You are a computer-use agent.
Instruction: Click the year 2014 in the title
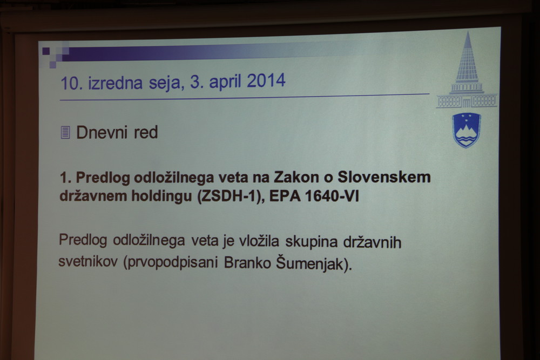click(266, 81)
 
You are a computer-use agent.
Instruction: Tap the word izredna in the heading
click(115, 83)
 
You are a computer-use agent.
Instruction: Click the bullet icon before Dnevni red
click(65, 133)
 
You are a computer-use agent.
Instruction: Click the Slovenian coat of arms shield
click(467, 130)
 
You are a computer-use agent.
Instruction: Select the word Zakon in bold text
click(296, 177)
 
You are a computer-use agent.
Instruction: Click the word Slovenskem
click(384, 177)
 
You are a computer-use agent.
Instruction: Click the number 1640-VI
click(332, 196)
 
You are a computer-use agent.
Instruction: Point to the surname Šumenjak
click(314, 263)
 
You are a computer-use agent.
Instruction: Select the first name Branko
click(247, 263)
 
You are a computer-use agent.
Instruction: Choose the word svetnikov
click(88, 261)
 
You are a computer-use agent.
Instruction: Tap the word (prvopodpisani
click(171, 263)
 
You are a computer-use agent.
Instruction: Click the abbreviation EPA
click(285, 196)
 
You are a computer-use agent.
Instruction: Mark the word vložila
click(259, 241)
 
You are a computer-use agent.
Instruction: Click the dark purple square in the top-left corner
click(46, 51)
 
